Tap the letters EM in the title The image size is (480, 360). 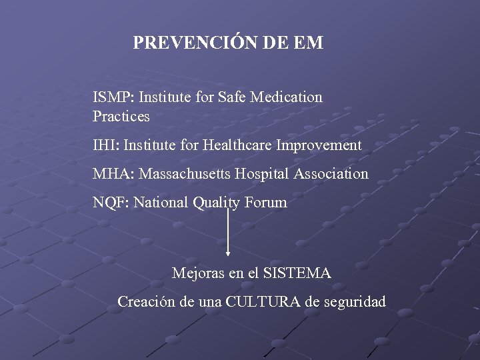tap(308, 43)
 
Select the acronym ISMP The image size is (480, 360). tap(113, 97)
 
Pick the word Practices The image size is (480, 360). tap(121, 117)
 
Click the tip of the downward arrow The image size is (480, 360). tap(229, 254)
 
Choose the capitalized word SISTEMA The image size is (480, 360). tap(297, 273)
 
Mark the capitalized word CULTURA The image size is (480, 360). tap(263, 302)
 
